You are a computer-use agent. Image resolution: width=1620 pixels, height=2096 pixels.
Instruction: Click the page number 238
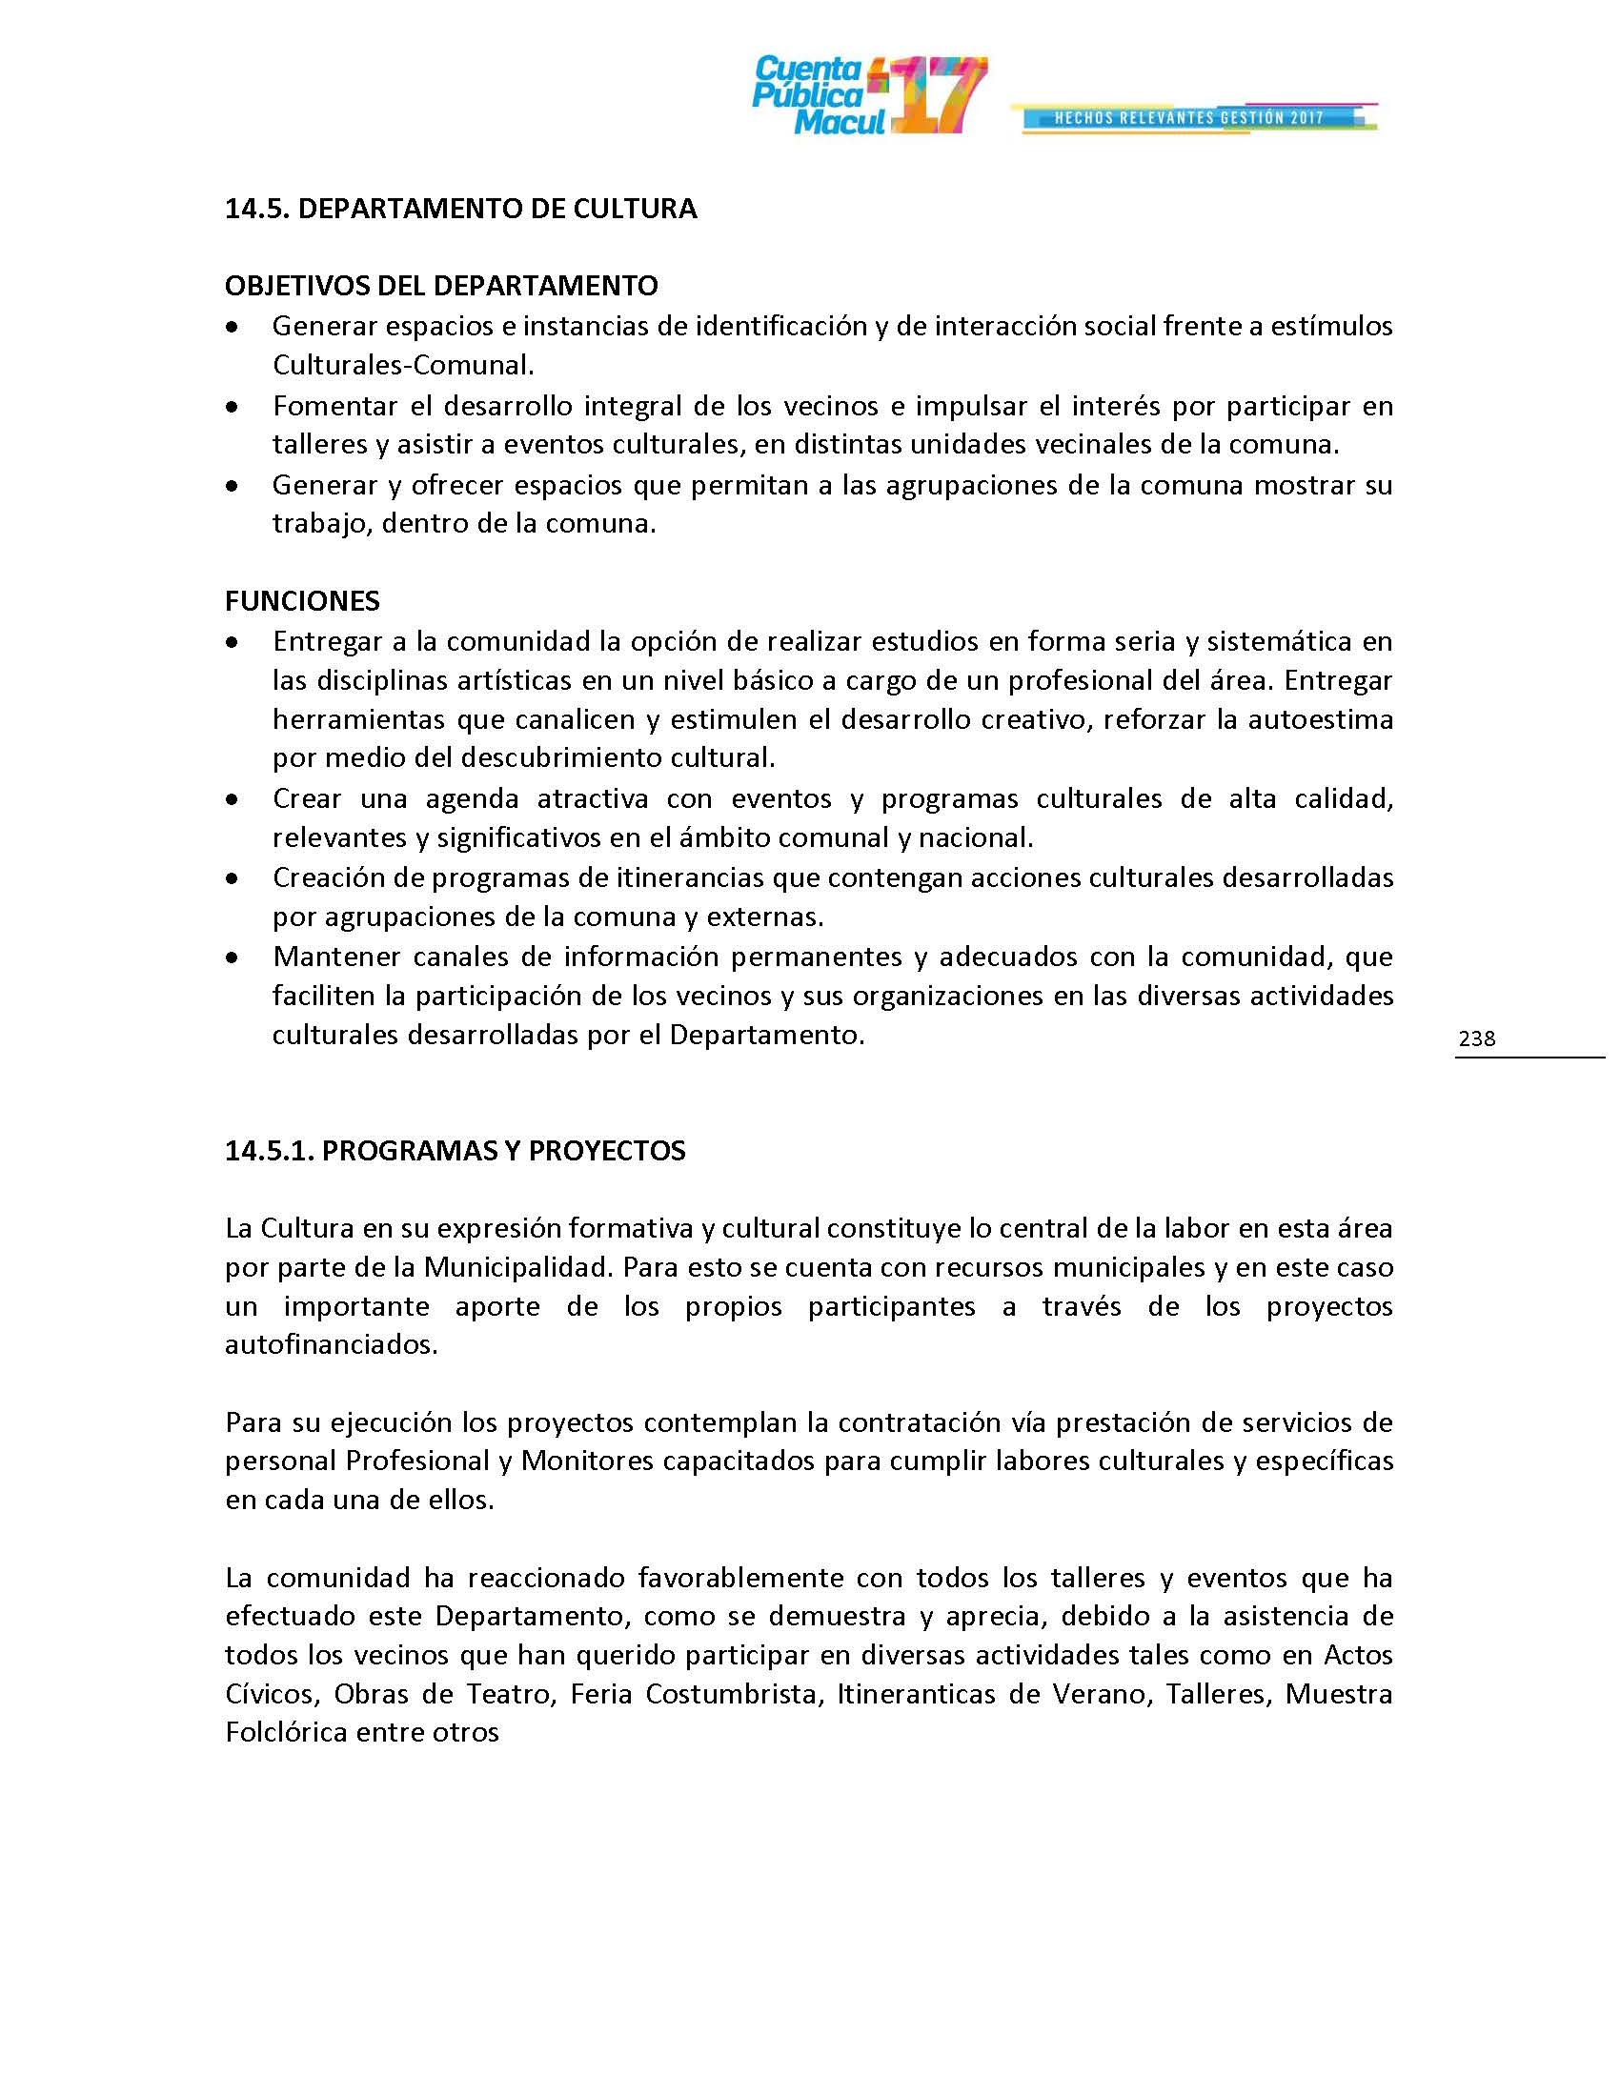pos(1476,1038)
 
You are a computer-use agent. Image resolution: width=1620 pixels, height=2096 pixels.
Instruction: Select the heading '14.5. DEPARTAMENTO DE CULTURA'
pos(460,210)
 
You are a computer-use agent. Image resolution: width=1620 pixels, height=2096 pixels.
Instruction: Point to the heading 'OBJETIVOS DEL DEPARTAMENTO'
pos(441,286)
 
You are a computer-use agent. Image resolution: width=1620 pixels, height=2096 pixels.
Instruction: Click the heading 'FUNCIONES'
pos(302,601)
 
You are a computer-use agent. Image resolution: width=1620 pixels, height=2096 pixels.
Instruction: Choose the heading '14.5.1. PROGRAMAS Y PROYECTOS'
pos(455,1151)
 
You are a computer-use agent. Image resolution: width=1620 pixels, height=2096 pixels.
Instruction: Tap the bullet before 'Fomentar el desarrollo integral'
pos(232,408)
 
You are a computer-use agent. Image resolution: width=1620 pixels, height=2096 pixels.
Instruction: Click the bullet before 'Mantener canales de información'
pos(232,957)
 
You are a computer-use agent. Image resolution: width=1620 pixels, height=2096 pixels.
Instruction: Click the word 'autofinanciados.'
pos(331,1344)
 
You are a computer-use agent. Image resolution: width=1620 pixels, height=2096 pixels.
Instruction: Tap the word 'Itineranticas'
pos(916,1694)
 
